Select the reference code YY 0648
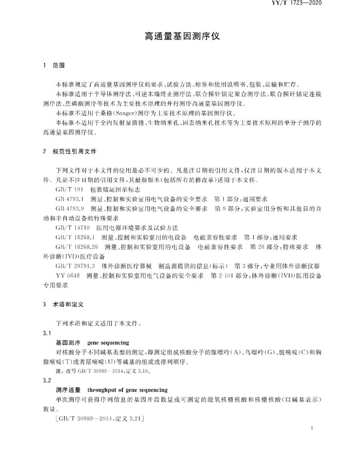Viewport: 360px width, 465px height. tap(68, 275)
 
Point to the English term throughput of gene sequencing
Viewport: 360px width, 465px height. tap(127, 390)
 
